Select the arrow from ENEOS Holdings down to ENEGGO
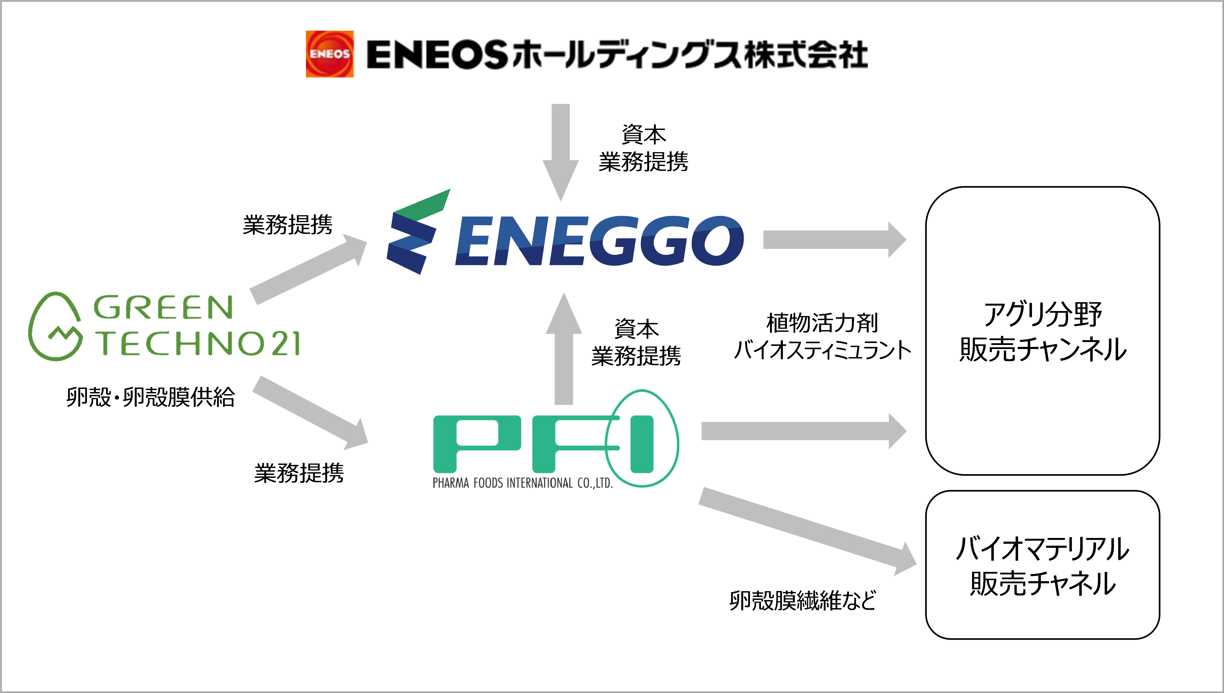pyautogui.click(x=561, y=152)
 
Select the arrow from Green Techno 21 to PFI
pyautogui.click(x=310, y=413)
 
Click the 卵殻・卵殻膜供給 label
pyautogui.click(x=150, y=397)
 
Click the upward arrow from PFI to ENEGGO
pyautogui.click(x=564, y=348)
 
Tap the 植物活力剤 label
pyautogui.click(x=822, y=323)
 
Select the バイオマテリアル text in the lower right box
pyautogui.click(x=1042, y=549)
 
